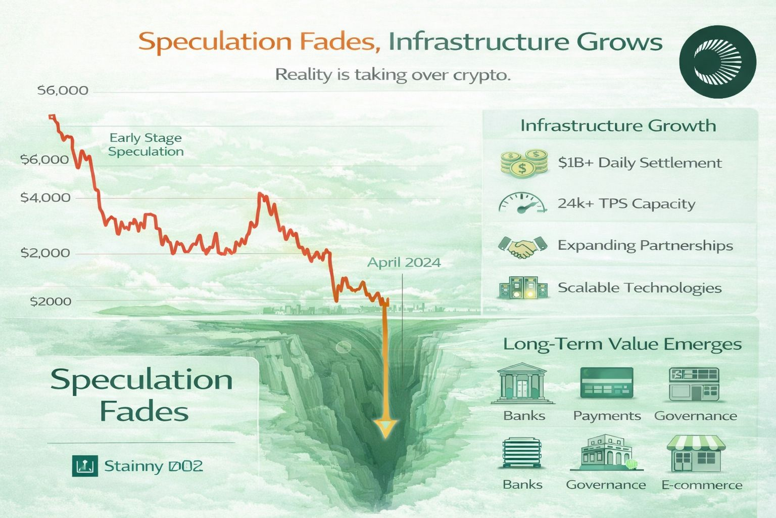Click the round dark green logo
(x=717, y=62)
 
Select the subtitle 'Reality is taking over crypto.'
(x=393, y=74)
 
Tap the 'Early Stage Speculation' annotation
(x=145, y=144)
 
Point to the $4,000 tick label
(x=45, y=197)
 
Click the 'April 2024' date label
(x=404, y=262)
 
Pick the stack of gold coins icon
(x=524, y=163)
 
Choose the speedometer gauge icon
(x=522, y=203)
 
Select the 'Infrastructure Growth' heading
(x=618, y=125)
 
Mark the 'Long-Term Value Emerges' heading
(x=622, y=344)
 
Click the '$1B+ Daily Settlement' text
(x=640, y=162)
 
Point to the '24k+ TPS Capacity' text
(x=626, y=204)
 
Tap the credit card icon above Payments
(x=607, y=383)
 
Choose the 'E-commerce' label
(x=702, y=485)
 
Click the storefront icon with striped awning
(x=696, y=454)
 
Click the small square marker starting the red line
(x=52, y=116)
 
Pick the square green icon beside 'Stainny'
(x=85, y=466)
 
